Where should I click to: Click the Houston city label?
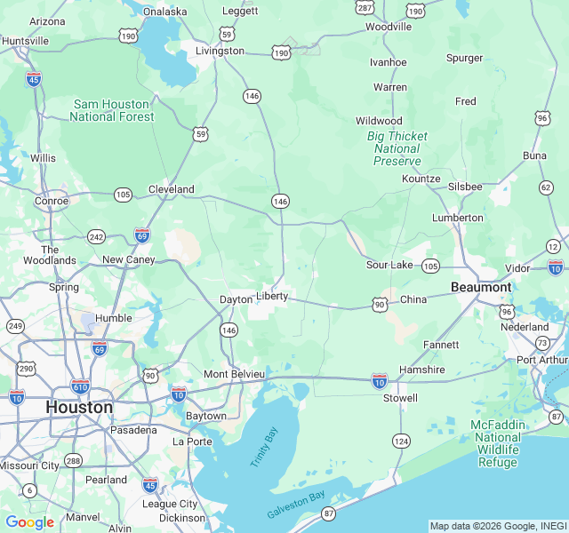(79, 407)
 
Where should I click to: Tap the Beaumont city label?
(481, 287)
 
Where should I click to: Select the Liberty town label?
(272, 296)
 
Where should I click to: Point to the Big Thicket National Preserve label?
(397, 148)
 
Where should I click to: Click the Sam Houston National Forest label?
(112, 110)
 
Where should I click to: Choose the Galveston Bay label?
(296, 505)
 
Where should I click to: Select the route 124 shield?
(402, 441)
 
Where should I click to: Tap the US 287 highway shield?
(365, 7)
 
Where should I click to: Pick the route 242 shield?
(96, 236)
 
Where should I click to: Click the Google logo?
(29, 522)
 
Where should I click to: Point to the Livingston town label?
(220, 51)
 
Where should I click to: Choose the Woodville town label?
(389, 27)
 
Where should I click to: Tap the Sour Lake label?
(389, 265)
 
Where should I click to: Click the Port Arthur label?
(541, 360)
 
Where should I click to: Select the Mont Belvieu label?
(235, 374)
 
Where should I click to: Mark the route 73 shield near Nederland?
(541, 342)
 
